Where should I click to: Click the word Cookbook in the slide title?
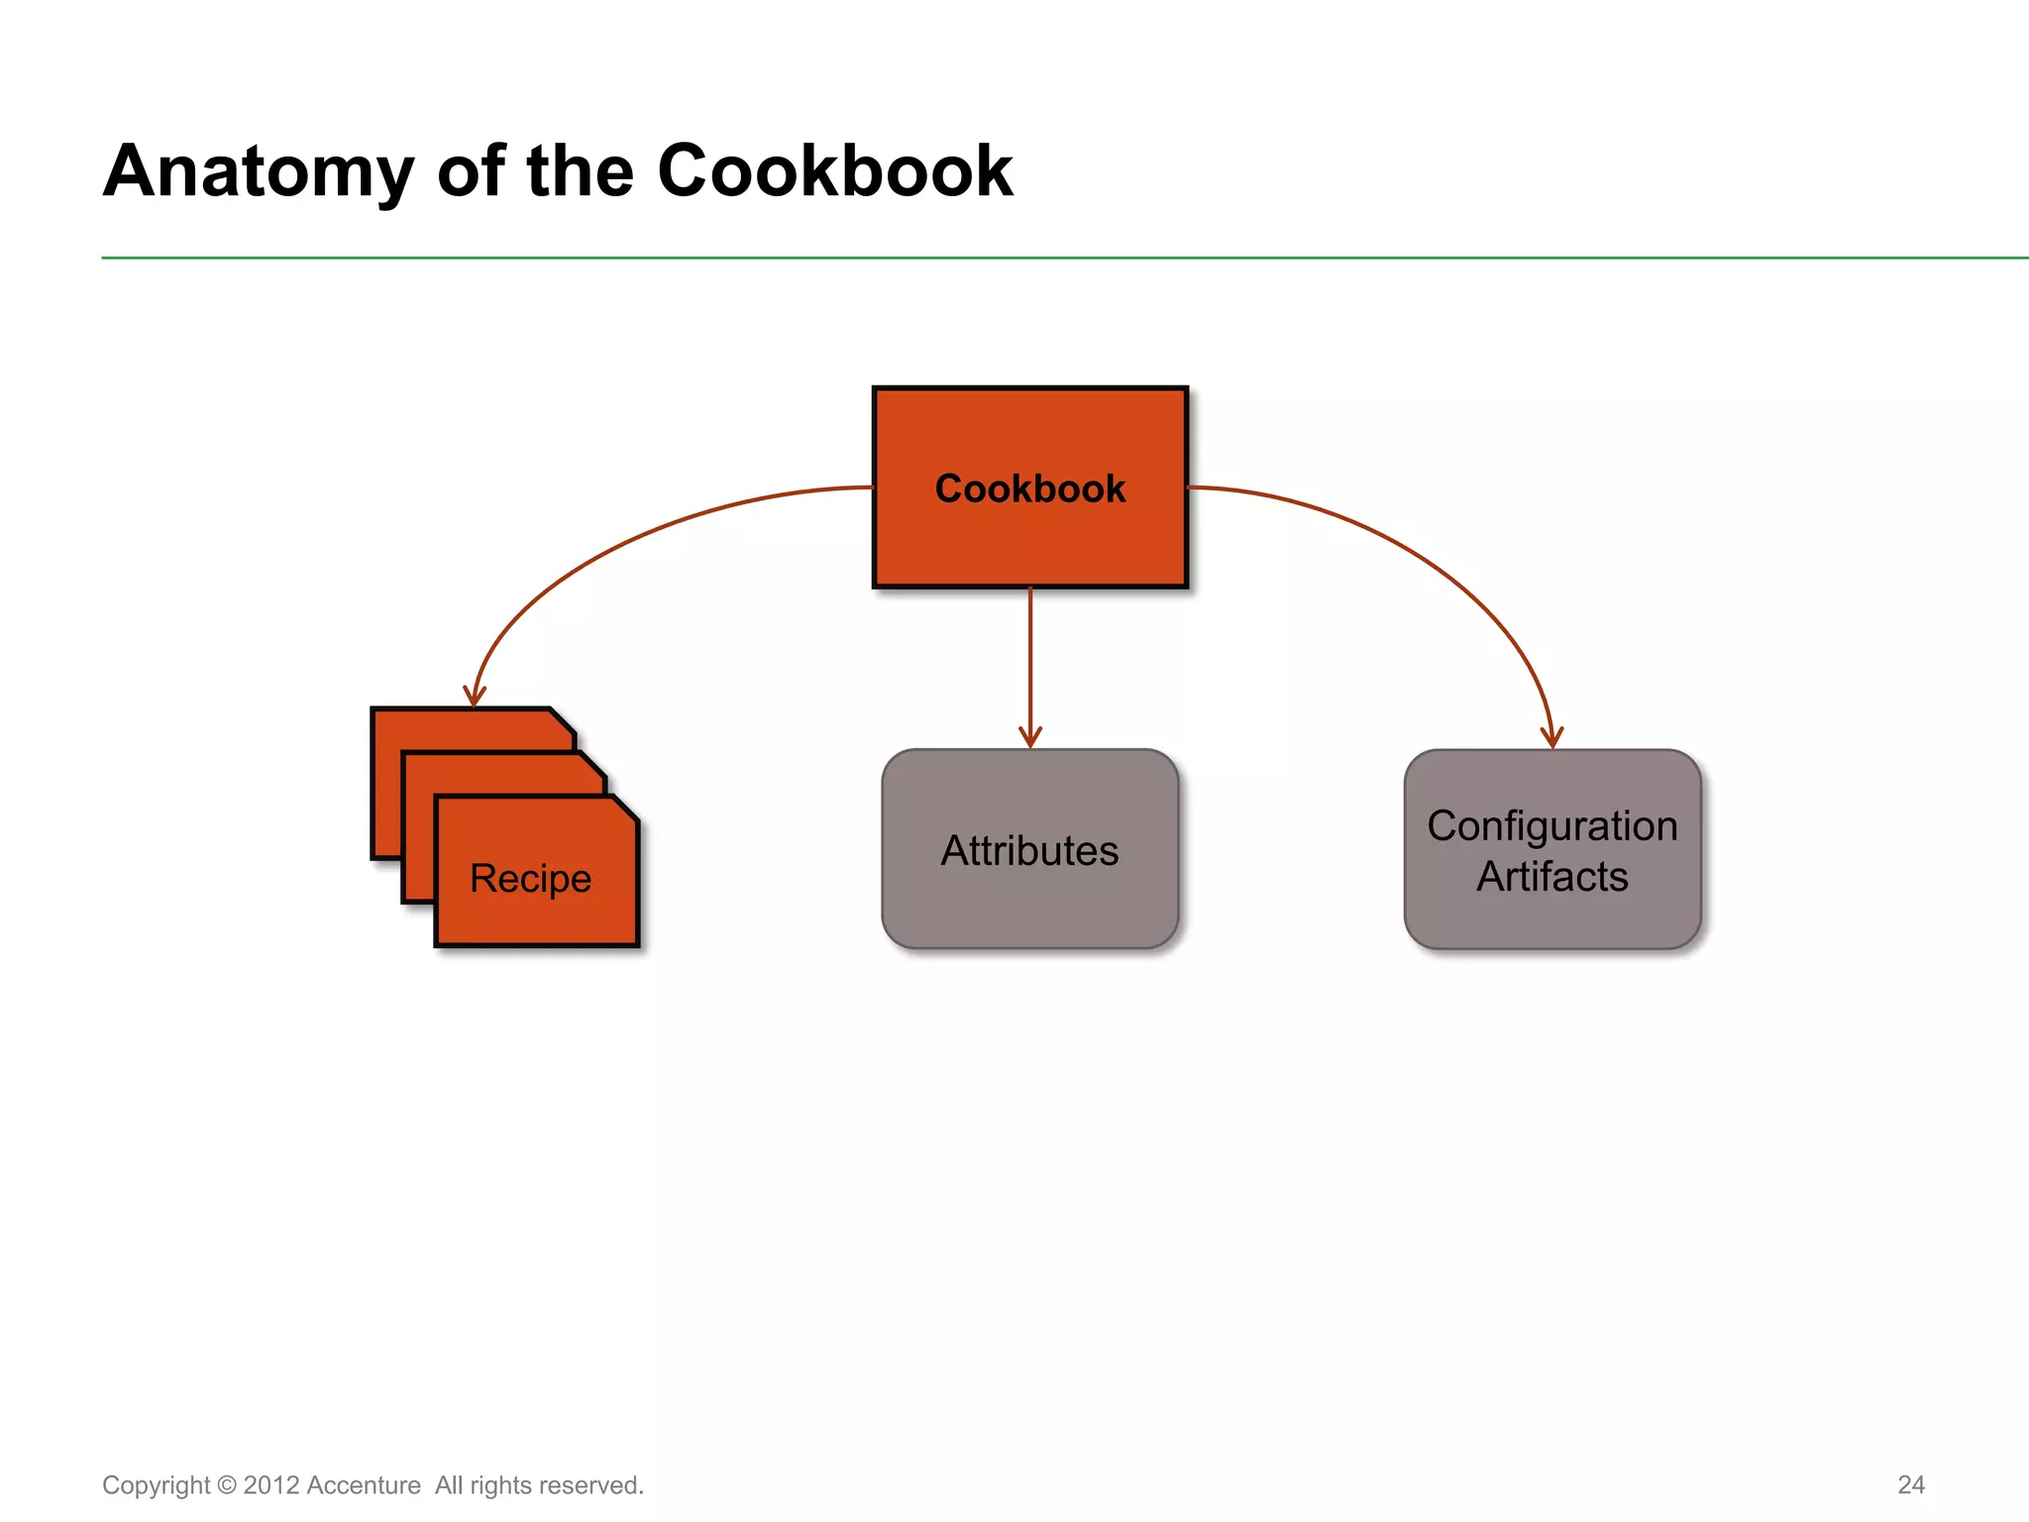pos(834,171)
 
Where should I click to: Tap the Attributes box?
pos(1029,892)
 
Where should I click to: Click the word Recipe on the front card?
pos(530,879)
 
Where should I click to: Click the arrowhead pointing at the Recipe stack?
pos(475,697)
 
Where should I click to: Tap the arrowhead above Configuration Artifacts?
pos(1551,738)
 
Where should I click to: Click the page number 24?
pos(1910,1484)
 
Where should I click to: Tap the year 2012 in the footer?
pos(271,1485)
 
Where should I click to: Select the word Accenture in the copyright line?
pos(364,1485)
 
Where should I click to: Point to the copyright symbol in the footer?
pos(227,1485)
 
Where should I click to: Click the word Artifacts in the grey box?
pos(1551,877)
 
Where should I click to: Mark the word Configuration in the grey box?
pos(1551,826)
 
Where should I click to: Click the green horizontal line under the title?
pos(991,258)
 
